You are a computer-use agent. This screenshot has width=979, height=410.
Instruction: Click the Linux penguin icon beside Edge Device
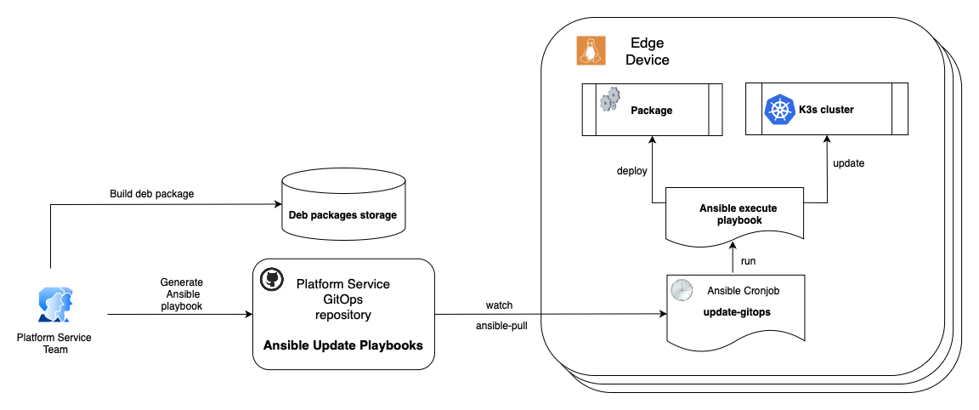590,50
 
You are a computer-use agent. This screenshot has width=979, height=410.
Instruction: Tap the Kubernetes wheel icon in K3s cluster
779,111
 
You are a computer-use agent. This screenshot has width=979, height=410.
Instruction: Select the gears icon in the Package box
609,100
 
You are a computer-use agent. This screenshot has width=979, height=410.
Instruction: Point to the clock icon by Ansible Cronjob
682,290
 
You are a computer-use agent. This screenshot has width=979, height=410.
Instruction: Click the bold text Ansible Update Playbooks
343,345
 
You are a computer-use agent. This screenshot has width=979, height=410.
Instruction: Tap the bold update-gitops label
738,313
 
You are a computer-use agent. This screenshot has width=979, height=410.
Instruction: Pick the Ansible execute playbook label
738,214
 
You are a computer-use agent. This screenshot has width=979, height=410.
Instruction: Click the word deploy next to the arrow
631,171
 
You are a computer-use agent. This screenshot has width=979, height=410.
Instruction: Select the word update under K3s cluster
848,162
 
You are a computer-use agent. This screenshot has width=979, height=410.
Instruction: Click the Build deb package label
152,194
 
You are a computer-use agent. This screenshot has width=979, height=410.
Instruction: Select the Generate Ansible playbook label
181,293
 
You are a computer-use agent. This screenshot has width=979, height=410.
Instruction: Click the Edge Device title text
648,51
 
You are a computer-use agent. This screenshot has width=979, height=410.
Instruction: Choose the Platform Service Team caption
54,343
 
